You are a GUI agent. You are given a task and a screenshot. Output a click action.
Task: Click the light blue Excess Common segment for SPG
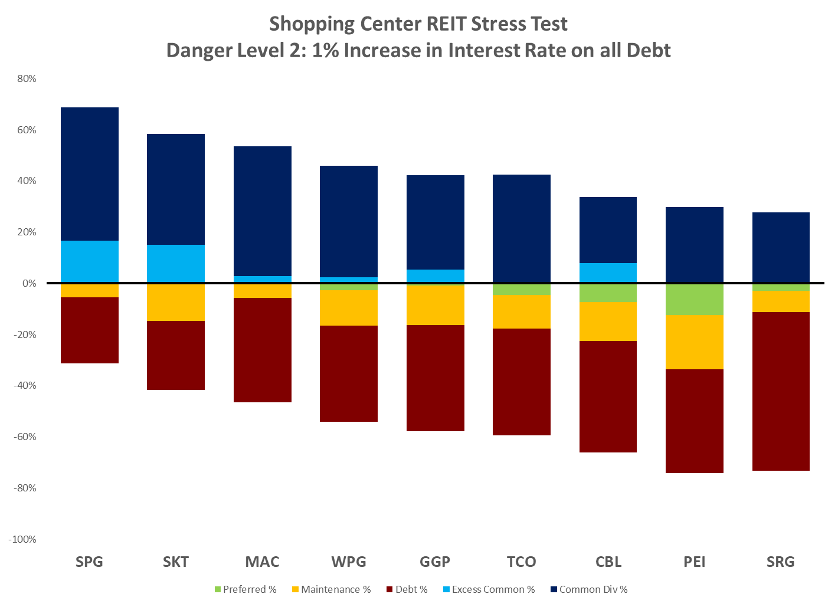point(89,261)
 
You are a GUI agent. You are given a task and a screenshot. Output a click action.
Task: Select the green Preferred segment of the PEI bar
point(694,299)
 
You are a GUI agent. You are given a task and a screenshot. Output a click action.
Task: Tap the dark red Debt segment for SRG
point(780,391)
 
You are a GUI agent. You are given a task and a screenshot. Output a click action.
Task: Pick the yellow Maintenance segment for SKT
point(176,303)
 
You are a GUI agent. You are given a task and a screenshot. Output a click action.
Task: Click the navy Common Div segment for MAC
point(262,211)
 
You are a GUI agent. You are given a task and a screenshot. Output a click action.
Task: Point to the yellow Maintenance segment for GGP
point(435,304)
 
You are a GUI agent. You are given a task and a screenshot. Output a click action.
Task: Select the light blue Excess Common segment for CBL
point(608,273)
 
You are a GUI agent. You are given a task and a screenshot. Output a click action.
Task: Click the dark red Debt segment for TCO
point(521,382)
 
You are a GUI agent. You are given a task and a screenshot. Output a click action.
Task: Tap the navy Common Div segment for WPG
point(348,221)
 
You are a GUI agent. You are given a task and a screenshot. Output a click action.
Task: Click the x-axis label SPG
point(89,562)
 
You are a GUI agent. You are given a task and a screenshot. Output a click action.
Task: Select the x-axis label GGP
point(435,562)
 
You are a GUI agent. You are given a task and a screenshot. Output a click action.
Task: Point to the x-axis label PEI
point(694,562)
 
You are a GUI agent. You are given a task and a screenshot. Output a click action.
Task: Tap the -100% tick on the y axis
point(22,539)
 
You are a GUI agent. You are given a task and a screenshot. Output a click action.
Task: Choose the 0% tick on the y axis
point(28,283)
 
